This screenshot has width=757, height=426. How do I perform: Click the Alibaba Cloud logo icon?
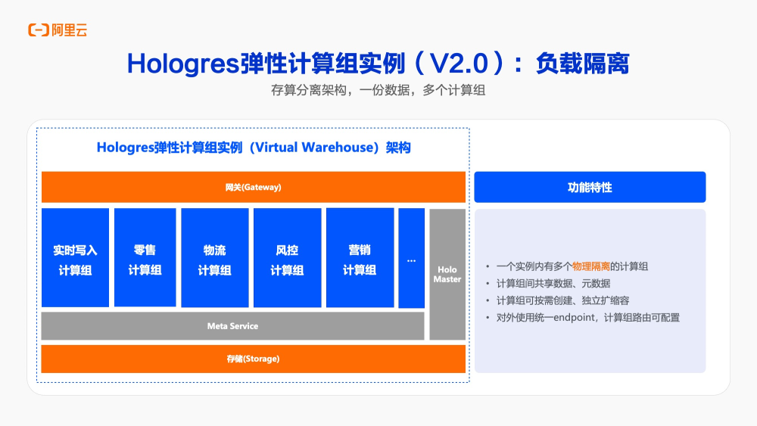(x=39, y=30)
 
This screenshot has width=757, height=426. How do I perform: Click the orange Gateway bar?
(x=253, y=187)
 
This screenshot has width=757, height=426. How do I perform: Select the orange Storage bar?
(x=253, y=359)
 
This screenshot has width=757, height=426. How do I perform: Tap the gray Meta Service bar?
(x=232, y=326)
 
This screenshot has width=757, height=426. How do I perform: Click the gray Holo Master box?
(x=447, y=275)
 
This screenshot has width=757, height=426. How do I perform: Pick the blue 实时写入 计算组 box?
(x=75, y=258)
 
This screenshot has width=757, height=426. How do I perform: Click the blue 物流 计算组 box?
(x=215, y=258)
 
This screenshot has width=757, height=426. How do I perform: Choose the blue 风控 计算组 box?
(x=287, y=258)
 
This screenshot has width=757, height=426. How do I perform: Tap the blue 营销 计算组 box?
(x=360, y=258)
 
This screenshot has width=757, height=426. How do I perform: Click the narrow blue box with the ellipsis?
(x=411, y=258)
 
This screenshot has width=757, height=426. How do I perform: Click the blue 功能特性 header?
(x=590, y=187)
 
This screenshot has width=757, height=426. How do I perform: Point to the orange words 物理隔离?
(x=591, y=266)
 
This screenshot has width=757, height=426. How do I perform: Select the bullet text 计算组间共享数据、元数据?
(x=553, y=284)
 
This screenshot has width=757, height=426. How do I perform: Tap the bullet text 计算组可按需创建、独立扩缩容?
(x=562, y=300)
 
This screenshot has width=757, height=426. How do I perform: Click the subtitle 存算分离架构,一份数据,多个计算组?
(x=378, y=90)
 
